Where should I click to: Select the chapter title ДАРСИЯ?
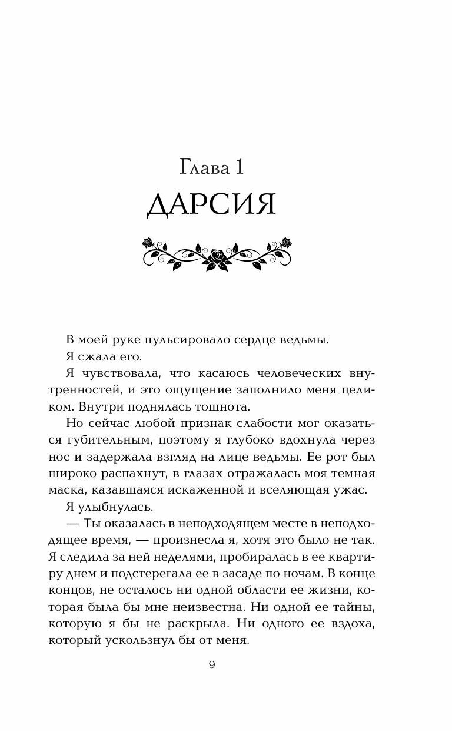[x=211, y=204]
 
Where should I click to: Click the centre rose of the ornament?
[x=218, y=254]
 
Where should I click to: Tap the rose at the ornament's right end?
[x=286, y=242]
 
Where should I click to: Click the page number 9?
[x=212, y=666]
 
